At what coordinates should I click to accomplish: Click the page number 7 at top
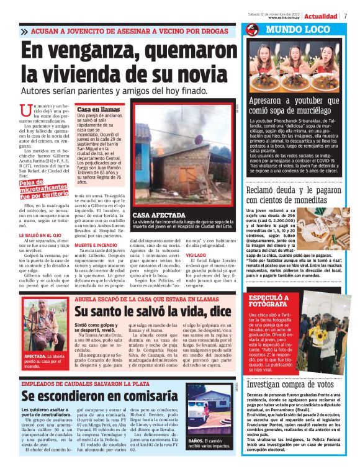(x=345, y=16)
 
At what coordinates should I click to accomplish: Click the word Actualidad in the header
(x=321, y=16)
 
